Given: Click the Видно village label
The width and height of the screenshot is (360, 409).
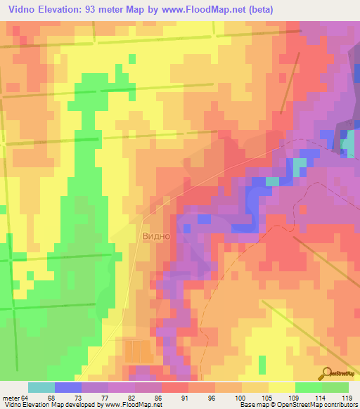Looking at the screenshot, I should [156, 236].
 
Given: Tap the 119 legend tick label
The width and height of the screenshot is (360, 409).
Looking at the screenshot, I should [347, 397].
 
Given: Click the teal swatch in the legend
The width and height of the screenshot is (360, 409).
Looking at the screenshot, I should [41, 387].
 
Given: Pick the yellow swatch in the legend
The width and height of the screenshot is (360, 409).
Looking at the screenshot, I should [282, 387].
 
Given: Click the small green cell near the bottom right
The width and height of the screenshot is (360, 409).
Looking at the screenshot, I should [262, 364].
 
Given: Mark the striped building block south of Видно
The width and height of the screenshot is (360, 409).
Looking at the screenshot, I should [138, 351].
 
